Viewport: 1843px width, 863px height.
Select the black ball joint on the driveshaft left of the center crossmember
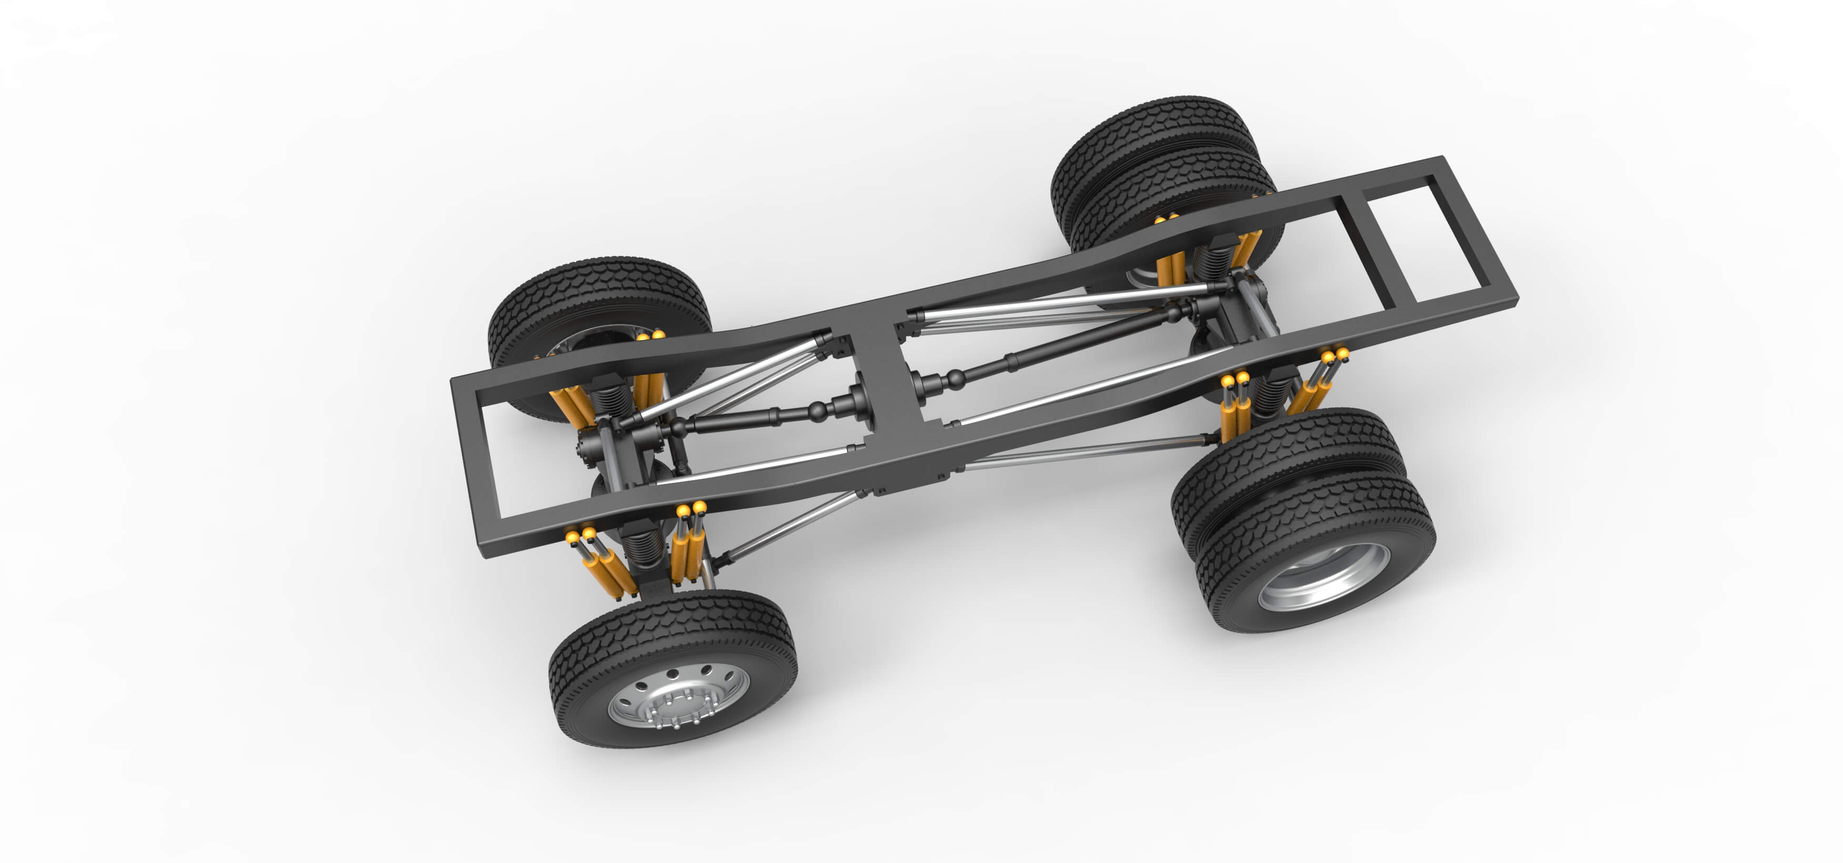click(816, 410)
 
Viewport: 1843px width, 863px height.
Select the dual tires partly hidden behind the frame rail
click(1152, 165)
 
